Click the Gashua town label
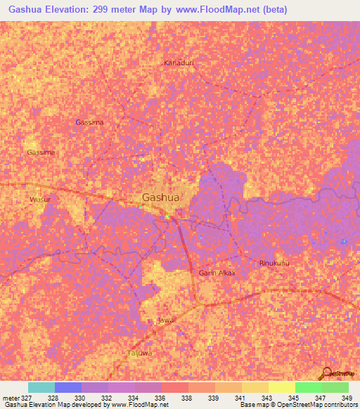coord(161,197)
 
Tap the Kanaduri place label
coord(179,63)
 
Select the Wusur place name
coord(40,200)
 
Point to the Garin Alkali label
coord(216,273)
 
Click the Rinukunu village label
coord(275,263)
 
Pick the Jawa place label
coord(165,320)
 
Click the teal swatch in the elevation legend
coord(41,387)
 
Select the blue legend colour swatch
coord(68,387)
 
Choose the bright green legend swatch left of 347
coord(308,387)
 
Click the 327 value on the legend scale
coord(27,397)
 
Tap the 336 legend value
coord(160,397)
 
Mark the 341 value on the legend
coord(240,397)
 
